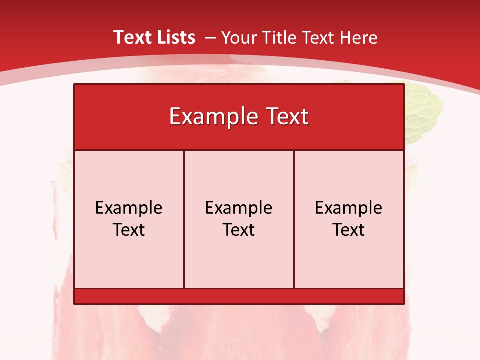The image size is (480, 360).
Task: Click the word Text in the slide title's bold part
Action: tap(131, 37)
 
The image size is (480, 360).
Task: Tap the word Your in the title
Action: tap(237, 38)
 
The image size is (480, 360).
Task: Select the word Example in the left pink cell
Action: tap(129, 208)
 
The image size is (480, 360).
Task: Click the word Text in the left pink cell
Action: tap(129, 230)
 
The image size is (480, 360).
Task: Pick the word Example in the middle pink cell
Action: tap(239, 208)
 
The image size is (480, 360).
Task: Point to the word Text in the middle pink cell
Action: tap(239, 230)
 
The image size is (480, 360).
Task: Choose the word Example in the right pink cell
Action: tap(349, 208)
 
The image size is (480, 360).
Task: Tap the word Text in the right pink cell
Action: tap(349, 230)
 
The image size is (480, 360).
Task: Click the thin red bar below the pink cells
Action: tap(239, 296)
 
